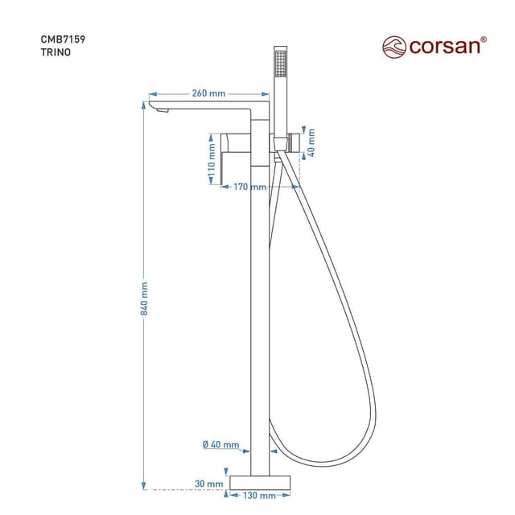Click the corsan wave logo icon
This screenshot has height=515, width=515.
[x=393, y=46]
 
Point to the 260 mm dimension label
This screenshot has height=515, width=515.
[x=208, y=93]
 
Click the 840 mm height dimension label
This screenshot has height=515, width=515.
[x=146, y=298]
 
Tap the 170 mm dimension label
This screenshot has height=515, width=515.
[x=249, y=187]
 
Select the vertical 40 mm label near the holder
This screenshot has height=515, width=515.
[x=311, y=142]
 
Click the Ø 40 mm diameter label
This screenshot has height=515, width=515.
[x=221, y=445]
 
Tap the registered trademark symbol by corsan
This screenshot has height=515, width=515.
[x=484, y=39]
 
